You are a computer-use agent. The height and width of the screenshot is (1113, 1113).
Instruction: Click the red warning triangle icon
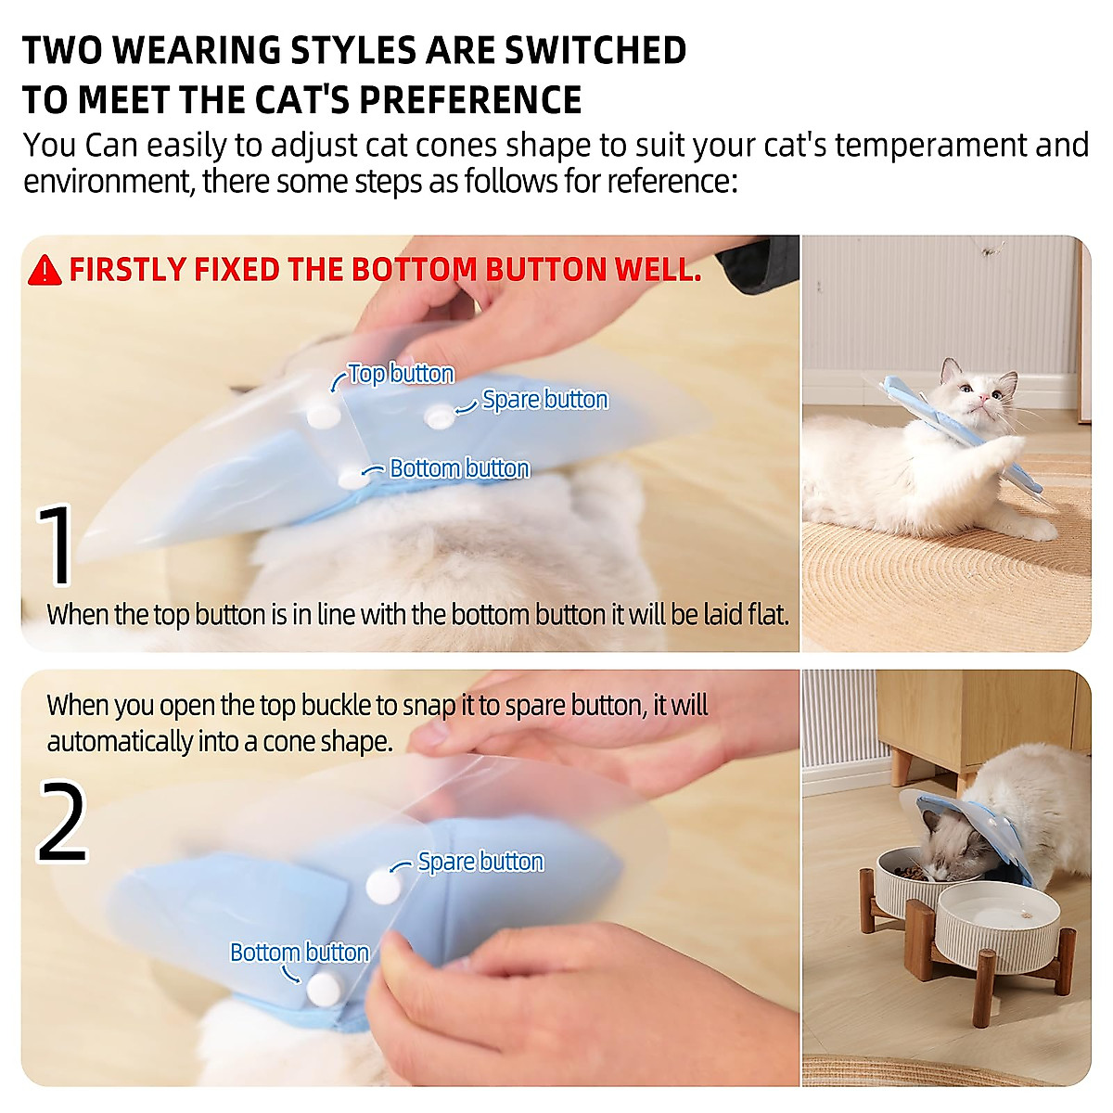click(x=45, y=270)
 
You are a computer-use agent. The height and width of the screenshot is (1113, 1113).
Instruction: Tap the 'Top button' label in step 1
click(x=401, y=374)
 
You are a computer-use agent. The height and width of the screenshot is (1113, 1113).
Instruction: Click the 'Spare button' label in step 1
click(x=544, y=400)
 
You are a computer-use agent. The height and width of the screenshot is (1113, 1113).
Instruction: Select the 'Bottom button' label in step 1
click(x=459, y=468)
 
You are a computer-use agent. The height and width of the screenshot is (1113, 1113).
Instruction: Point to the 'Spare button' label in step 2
click(x=480, y=862)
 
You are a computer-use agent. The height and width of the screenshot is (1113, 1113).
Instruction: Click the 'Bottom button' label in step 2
click(x=299, y=953)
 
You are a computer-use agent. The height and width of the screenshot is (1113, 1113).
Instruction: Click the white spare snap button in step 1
click(x=437, y=417)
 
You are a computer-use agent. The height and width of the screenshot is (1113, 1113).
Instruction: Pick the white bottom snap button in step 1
click(x=352, y=478)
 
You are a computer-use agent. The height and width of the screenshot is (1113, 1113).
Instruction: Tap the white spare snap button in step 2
click(x=383, y=886)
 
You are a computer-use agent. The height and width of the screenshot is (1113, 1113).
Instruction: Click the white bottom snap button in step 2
click(x=324, y=990)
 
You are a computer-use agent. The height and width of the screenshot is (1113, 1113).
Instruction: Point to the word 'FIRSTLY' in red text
click(x=127, y=270)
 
